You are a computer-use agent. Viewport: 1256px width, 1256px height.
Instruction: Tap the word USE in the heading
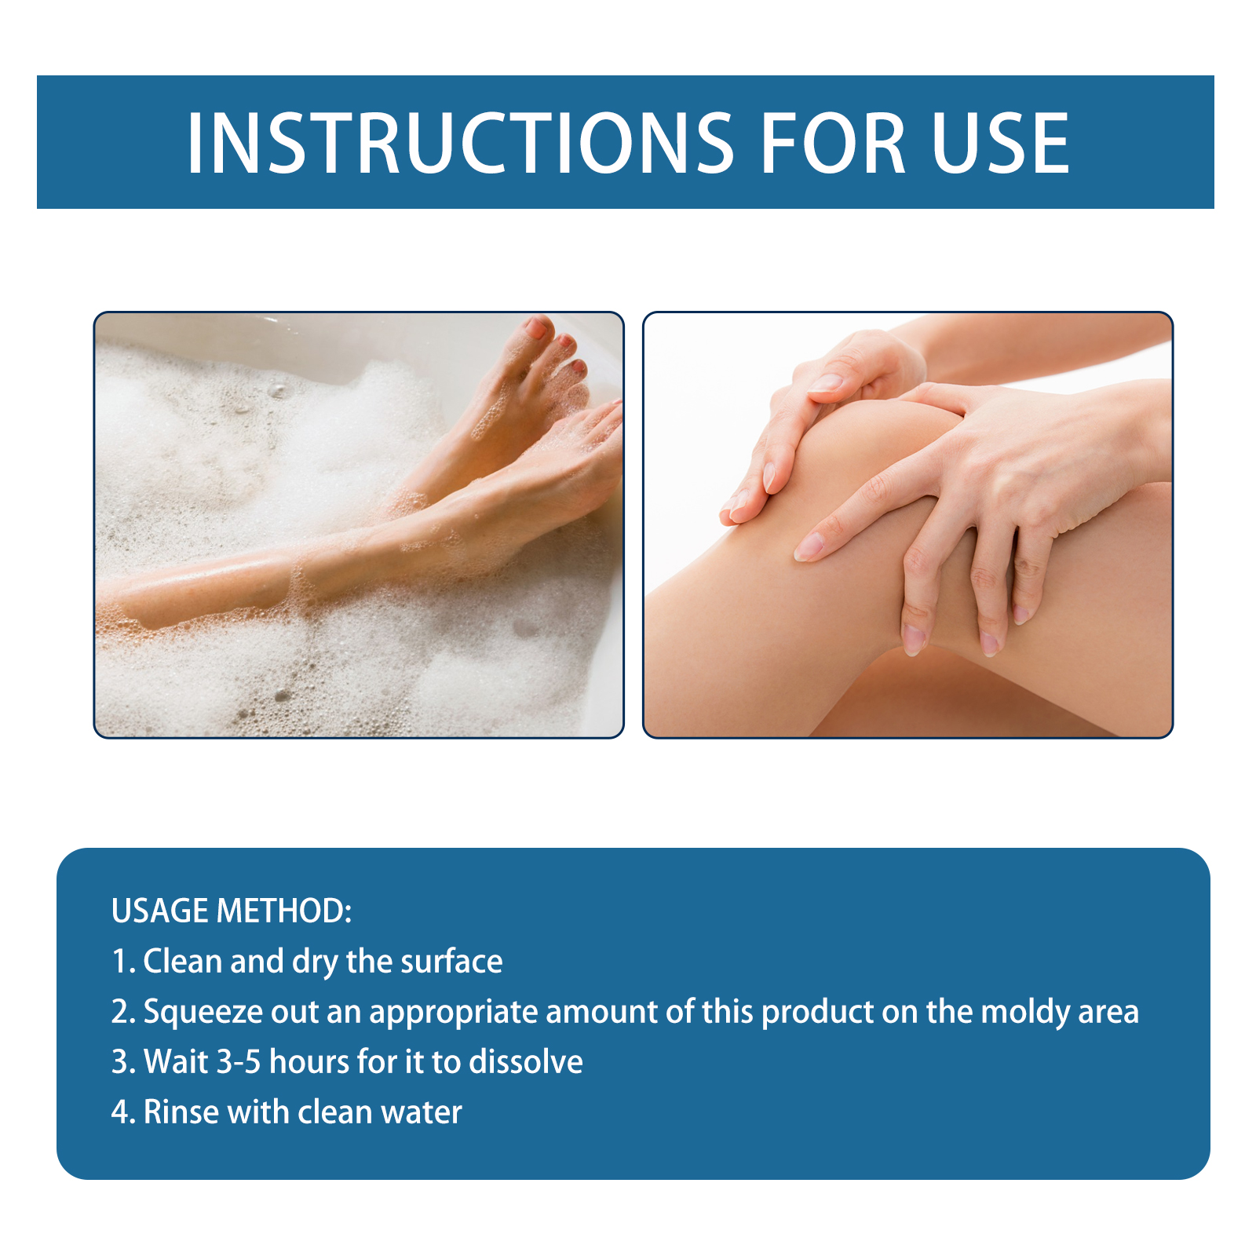point(1001,143)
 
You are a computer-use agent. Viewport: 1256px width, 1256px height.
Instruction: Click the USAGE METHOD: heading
point(232,911)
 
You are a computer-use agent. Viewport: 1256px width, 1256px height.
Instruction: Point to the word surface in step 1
point(451,962)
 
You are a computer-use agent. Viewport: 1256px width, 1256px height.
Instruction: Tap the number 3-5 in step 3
point(239,1062)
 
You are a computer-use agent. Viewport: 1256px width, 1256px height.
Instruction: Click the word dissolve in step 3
point(526,1062)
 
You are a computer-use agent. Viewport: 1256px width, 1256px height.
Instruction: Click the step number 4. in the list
point(123,1112)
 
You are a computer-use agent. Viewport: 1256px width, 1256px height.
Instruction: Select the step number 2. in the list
point(123,1013)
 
